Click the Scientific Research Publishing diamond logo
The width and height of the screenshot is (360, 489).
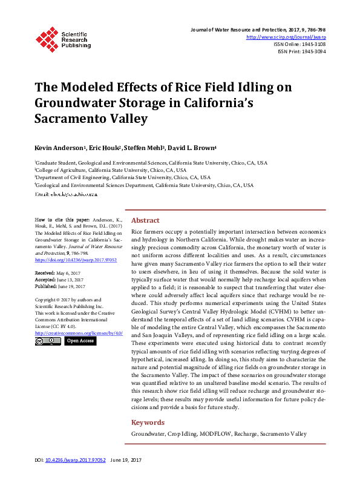46,38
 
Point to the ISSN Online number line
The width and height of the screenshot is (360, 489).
299,44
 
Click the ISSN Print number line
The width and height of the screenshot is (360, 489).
302,51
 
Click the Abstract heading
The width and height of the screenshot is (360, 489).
145,221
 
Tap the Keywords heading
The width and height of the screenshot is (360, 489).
148,422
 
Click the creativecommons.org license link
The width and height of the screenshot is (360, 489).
79,333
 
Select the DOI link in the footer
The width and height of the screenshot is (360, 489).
72,476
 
